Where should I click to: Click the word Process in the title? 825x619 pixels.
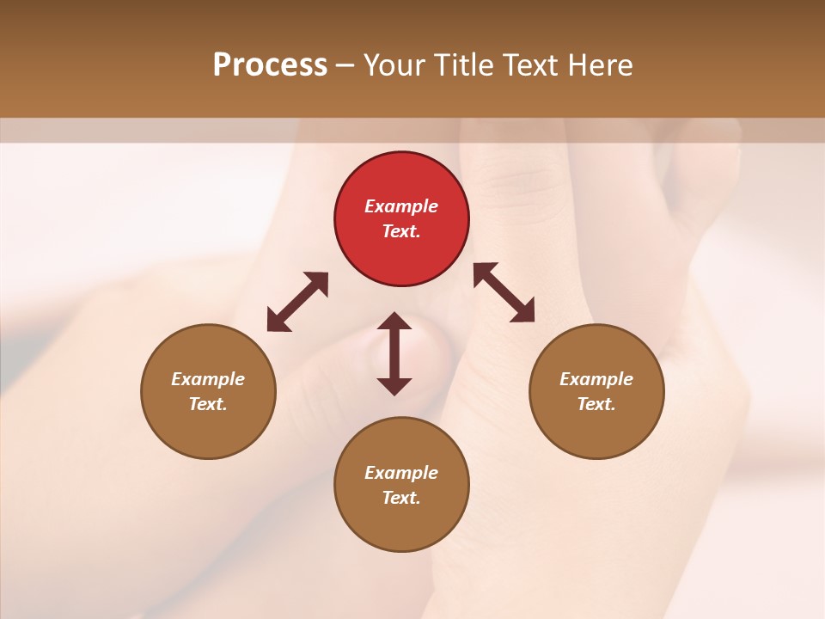click(x=270, y=65)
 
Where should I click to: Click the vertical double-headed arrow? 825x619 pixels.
click(x=394, y=353)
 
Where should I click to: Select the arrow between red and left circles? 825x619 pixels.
click(x=297, y=302)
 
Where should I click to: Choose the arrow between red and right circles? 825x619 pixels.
click(x=504, y=292)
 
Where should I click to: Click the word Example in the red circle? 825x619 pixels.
click(x=401, y=206)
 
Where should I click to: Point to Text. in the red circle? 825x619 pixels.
click(x=401, y=231)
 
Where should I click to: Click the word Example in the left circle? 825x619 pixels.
click(x=208, y=379)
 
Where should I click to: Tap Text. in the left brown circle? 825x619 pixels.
click(x=208, y=404)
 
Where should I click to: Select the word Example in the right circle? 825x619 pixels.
click(x=596, y=379)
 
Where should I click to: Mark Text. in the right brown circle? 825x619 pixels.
click(x=596, y=404)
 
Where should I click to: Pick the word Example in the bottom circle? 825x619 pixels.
click(x=401, y=473)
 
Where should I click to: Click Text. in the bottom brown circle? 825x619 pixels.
click(x=401, y=498)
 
